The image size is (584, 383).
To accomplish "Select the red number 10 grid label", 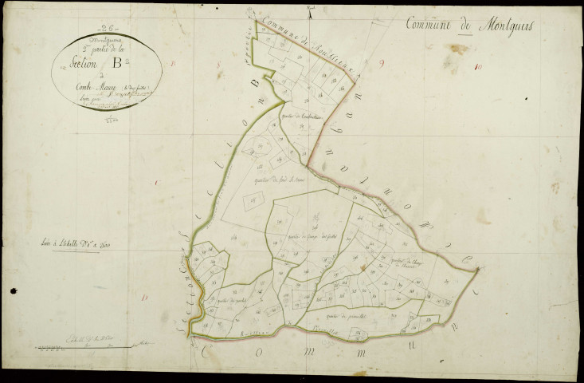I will pos(476,67).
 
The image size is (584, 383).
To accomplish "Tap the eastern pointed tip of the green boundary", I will pos(478,270).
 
